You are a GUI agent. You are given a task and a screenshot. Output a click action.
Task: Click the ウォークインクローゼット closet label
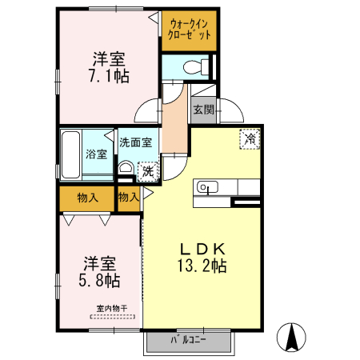190,30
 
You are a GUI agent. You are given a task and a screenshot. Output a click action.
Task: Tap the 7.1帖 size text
110,77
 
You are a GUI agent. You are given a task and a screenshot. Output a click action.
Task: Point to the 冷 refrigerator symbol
250,139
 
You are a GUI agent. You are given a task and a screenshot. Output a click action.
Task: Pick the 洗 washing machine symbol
147,170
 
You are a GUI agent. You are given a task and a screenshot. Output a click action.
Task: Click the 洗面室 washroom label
135,142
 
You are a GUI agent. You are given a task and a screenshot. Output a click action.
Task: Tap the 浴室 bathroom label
97,154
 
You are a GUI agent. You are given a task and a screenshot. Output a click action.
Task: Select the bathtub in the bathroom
70,154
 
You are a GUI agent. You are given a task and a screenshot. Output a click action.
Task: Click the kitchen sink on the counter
207,188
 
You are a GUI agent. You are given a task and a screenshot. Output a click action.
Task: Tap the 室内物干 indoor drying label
112,307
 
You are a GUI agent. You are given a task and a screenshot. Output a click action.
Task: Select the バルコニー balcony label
189,340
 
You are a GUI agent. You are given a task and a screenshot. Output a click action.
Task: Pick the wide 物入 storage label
88,197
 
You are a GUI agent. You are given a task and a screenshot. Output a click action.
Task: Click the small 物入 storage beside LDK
128,197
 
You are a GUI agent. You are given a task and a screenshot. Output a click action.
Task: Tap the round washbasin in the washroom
126,169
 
